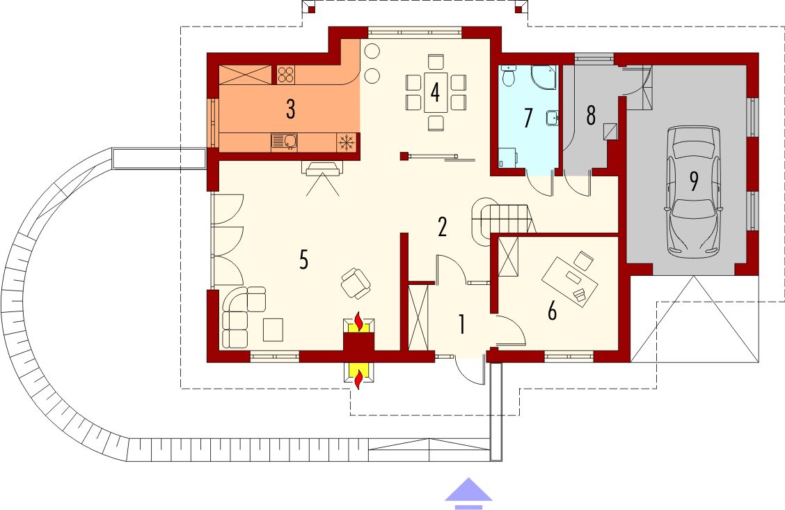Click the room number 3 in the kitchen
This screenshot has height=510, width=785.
click(290, 109)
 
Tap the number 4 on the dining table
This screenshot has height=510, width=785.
click(435, 92)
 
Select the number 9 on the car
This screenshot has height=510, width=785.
click(694, 181)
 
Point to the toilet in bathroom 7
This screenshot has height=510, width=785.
click(509, 75)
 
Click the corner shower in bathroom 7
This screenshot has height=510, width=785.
click(544, 77)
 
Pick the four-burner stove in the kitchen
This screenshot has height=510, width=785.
click(285, 75)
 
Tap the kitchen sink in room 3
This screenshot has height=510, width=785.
click(285, 141)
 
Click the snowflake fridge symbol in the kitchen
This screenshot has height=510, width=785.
click(346, 142)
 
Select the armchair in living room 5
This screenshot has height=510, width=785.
click(356, 284)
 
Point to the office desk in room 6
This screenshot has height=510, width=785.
click(570, 281)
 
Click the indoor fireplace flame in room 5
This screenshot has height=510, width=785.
click(358, 321)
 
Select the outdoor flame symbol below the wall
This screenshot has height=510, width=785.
click(358, 379)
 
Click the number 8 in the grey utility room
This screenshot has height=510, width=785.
click(591, 115)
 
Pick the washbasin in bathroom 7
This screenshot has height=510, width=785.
click(553, 118)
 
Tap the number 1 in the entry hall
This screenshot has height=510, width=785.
click(461, 324)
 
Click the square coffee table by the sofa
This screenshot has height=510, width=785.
click(273, 330)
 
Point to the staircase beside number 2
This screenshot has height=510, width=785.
click(502, 219)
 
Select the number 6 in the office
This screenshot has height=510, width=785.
click(552, 311)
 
